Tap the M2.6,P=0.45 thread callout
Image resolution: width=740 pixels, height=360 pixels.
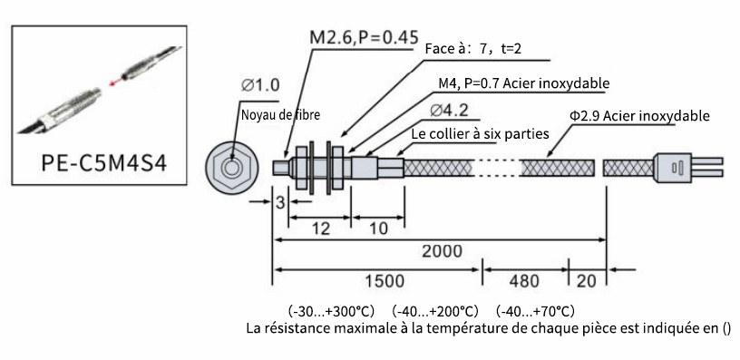coord(364,37)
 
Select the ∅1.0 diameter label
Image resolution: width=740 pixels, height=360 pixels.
coord(260,85)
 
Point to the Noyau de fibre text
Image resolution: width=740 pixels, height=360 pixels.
coord(280,114)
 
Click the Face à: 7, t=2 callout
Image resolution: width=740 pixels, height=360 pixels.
coord(472,49)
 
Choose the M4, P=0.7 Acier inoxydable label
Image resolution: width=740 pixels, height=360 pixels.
coord(524,83)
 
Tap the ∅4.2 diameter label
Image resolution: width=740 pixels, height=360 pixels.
coord(449,111)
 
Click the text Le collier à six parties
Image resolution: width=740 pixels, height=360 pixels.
coord(480,133)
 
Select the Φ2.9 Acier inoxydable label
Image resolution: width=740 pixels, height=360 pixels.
coord(639,115)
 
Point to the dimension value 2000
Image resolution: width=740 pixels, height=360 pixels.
coord(442,251)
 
